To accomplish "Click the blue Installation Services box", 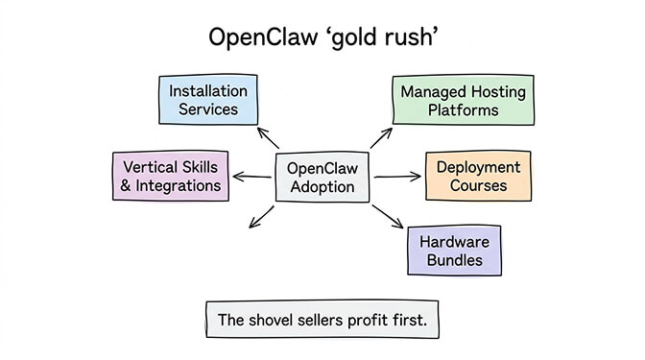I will point(207,100).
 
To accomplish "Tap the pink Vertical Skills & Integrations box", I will point(170,176).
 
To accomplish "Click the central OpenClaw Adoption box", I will point(322,177).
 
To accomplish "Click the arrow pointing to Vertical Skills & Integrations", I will point(251,177).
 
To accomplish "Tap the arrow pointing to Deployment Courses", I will point(396,177).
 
